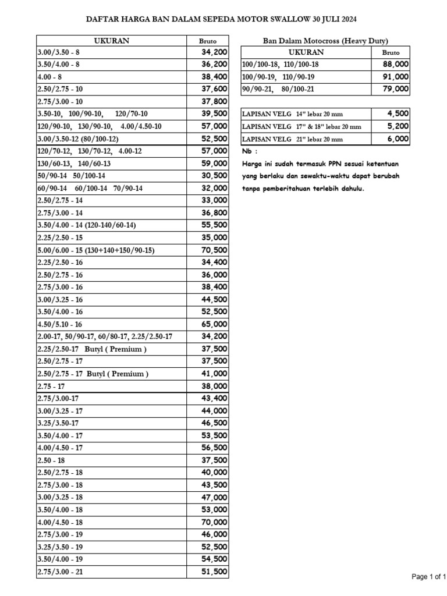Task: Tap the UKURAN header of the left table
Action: tap(111, 41)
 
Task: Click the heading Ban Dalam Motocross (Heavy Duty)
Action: tap(325, 41)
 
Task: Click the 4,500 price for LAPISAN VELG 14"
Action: tap(398, 113)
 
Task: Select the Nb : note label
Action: tap(249, 151)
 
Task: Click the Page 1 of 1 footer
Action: tap(428, 577)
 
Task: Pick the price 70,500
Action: tap(214, 250)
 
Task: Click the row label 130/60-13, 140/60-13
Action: tap(74, 164)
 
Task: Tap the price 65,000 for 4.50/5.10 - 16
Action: tap(214, 324)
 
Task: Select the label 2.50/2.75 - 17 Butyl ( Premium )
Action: tap(93, 374)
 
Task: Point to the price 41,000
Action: tap(214, 374)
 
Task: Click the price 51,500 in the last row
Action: tap(214, 572)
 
